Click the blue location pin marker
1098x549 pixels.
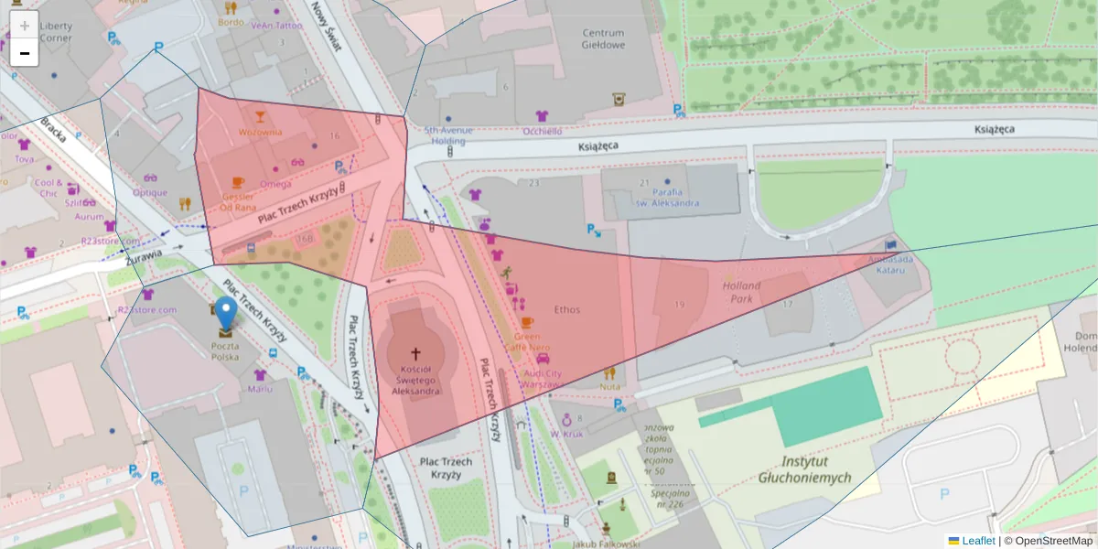pos(225,314)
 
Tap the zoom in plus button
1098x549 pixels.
pos(25,25)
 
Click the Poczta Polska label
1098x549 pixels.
pos(225,351)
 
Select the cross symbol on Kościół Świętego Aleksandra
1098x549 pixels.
pos(414,353)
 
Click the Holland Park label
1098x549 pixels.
pos(741,292)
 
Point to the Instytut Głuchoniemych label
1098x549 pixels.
pos(804,469)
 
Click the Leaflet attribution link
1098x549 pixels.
pos(978,541)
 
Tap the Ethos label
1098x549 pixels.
pos(566,309)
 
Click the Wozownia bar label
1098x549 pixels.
pos(260,132)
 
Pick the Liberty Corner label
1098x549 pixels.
pos(56,32)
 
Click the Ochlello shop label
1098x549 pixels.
pos(542,131)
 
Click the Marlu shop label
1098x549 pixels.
pos(260,389)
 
